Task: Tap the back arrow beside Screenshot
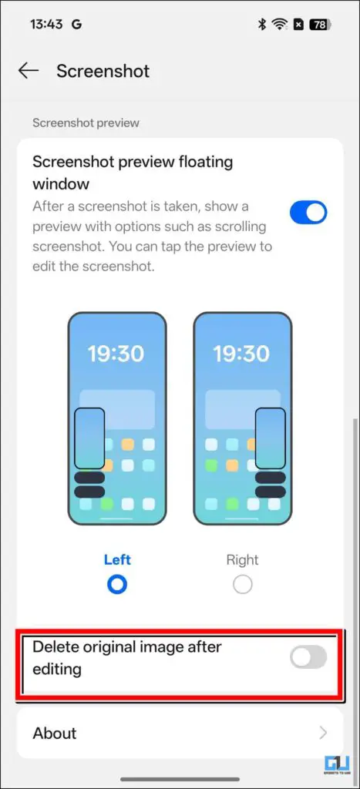click(29, 71)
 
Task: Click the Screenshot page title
click(103, 71)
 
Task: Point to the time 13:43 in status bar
click(47, 24)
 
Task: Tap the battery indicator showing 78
click(319, 25)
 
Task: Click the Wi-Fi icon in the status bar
click(280, 25)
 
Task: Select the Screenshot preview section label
click(86, 123)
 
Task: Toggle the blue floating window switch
click(308, 213)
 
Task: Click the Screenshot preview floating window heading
click(133, 173)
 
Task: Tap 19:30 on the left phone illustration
click(116, 354)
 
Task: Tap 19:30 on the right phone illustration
click(242, 354)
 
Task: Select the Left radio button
click(117, 585)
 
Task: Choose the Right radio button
click(243, 585)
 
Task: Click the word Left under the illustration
click(117, 559)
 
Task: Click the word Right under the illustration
click(243, 559)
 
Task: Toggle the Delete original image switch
click(308, 657)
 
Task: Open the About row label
click(55, 733)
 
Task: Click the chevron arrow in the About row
click(323, 733)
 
